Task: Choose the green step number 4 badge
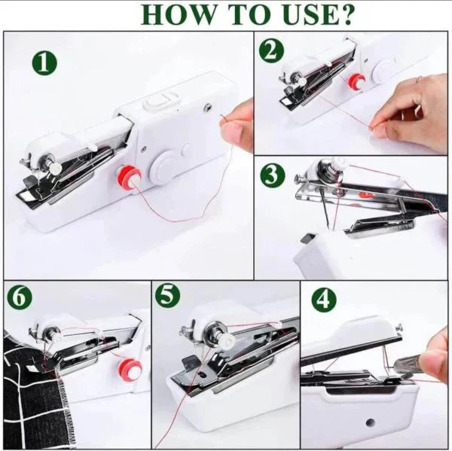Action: (x=324, y=300)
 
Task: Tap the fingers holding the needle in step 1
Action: (x=240, y=127)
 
